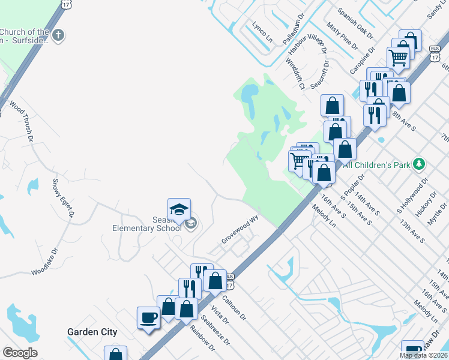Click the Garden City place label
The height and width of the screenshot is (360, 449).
point(92,332)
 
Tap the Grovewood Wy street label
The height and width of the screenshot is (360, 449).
point(240,230)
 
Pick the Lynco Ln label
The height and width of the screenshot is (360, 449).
point(262,34)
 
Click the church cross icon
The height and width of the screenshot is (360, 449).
point(58,35)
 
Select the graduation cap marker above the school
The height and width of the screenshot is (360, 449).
point(179,209)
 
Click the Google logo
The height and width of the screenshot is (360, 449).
point(20,353)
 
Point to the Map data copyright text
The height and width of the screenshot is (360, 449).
point(423,355)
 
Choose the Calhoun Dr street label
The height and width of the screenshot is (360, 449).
point(234,307)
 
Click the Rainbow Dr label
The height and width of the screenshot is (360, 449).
point(202,339)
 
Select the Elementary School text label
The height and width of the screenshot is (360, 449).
point(147,227)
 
